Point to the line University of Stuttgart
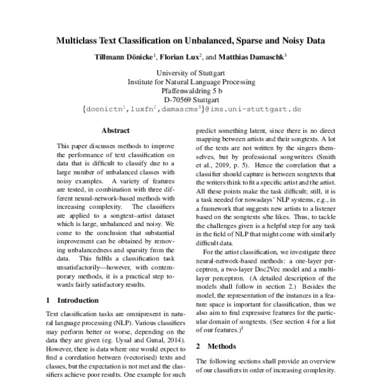pyautogui.click(x=191, y=73)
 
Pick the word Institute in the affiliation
pyautogui.click(x=142, y=82)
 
